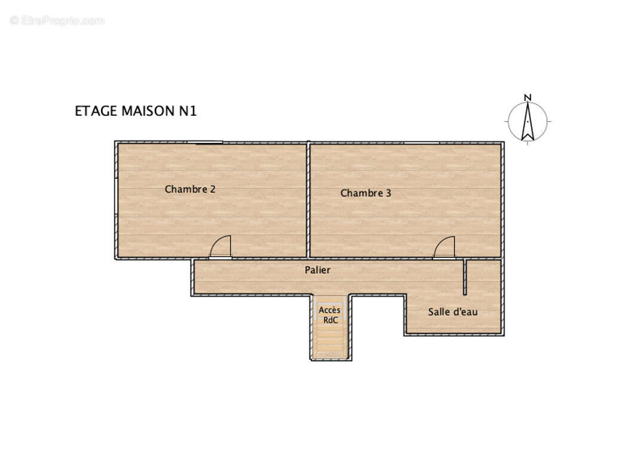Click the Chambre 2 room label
click(x=190, y=189)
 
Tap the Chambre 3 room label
click(x=365, y=193)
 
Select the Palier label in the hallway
click(x=317, y=270)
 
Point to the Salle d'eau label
click(x=452, y=312)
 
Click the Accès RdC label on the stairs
click(x=329, y=315)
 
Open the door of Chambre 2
click(x=221, y=247)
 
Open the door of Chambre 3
click(x=444, y=248)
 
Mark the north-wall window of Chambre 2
click(x=205, y=142)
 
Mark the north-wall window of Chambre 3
click(x=421, y=143)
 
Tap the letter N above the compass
click(x=527, y=97)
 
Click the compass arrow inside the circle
click(x=527, y=123)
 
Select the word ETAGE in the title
click(x=96, y=111)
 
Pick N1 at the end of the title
click(x=188, y=111)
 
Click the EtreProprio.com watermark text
click(x=57, y=20)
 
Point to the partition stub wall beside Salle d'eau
click(x=465, y=277)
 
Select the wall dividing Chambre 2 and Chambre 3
click(x=308, y=200)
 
